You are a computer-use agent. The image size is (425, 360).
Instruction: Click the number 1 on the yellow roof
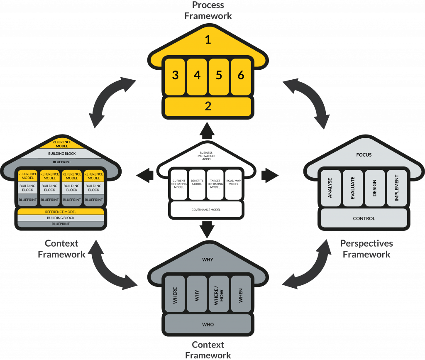pos(208,40)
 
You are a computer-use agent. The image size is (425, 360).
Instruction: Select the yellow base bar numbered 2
pos(208,106)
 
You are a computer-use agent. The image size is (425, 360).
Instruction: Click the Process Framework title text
pos(208,10)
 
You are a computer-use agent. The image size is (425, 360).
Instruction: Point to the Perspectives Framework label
pos(366,249)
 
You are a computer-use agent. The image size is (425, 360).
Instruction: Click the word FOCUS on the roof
pos(364,155)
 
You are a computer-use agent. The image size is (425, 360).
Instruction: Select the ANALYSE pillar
pos(331,188)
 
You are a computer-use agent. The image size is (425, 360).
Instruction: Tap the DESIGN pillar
pos(374,188)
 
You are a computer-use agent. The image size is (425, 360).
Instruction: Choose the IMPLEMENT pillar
pos(396,188)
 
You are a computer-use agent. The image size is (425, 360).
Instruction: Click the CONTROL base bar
pos(364,218)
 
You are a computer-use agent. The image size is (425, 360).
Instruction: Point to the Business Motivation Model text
pos(206,156)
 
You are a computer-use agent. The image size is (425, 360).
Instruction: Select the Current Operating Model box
pos(178,184)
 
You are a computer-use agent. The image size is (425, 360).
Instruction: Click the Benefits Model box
pos(197,184)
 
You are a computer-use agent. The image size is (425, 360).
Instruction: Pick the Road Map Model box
pos(233,184)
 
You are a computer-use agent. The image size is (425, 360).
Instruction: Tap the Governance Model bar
pos(206,210)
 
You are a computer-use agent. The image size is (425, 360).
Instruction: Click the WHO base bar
pos(208,324)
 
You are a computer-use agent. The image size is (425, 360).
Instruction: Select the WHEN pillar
pos(241,294)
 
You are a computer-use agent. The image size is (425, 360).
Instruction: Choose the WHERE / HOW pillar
pos(219,294)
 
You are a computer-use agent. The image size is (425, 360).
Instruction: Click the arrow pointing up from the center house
pos(206,131)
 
